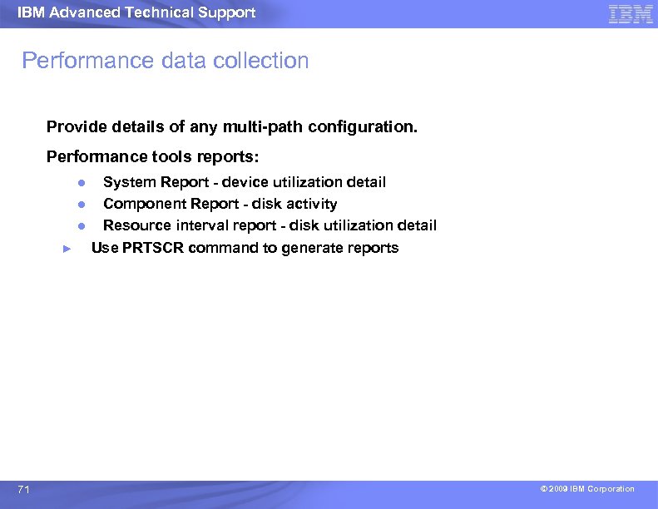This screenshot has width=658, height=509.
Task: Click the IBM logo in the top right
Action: click(x=631, y=13)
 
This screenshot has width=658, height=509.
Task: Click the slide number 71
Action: click(x=23, y=490)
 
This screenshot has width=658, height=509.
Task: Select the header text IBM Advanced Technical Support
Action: click(x=136, y=12)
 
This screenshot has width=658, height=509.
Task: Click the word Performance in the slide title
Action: click(x=76, y=61)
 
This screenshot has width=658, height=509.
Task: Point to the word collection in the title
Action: click(x=259, y=61)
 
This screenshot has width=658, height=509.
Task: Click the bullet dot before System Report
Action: click(x=82, y=182)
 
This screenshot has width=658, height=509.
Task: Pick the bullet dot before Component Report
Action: click(x=82, y=204)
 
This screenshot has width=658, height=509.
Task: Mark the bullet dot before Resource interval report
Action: click(x=82, y=225)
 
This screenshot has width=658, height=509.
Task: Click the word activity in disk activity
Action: click(x=312, y=204)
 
